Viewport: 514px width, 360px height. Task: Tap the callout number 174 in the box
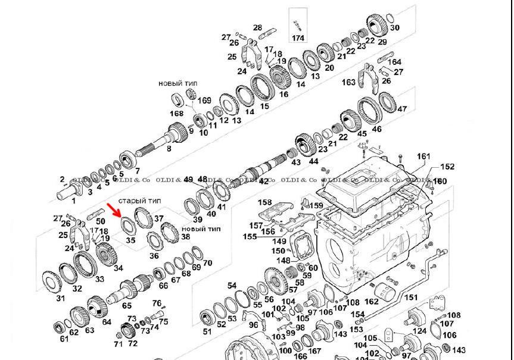(298, 38)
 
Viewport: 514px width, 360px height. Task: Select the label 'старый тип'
(140, 201)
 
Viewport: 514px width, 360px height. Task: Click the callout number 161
(423, 156)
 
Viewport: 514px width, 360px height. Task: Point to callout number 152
(447, 167)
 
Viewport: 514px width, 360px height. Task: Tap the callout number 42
(264, 181)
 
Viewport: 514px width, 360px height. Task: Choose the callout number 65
(127, 306)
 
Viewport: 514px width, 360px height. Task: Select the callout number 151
(411, 298)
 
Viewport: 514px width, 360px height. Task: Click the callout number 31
(60, 298)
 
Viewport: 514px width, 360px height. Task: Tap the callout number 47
(402, 109)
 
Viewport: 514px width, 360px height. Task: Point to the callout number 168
(176, 113)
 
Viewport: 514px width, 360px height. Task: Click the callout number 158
(264, 204)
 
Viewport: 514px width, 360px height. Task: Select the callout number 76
(157, 303)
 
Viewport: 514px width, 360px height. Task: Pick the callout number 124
(420, 331)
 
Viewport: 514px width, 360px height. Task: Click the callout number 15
(264, 107)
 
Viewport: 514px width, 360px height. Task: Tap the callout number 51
(207, 331)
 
